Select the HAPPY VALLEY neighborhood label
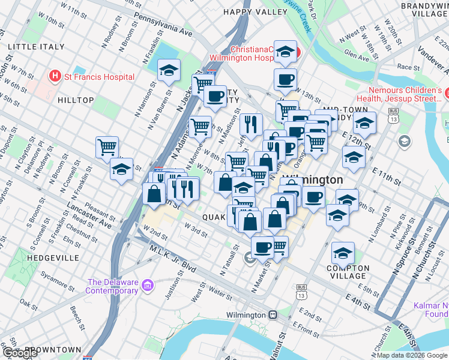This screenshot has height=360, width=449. pos(255,11)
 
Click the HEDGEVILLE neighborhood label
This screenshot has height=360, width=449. pos(53,257)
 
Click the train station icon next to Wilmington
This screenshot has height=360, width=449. pos(273,315)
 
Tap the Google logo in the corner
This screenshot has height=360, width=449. pos(20,353)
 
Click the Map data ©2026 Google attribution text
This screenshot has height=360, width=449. pos(412,355)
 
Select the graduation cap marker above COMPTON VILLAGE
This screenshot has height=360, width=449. pos(343,253)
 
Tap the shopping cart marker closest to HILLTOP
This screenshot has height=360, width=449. pos(107,146)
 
